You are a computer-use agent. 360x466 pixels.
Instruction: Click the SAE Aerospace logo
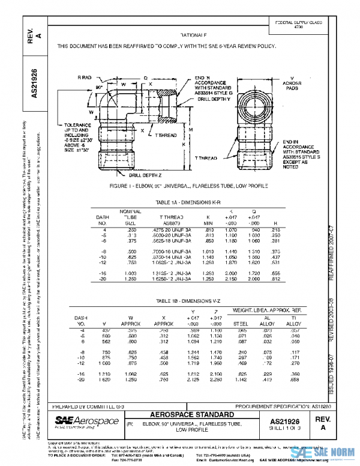[84, 422]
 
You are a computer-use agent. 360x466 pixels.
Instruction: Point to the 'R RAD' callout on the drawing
[85, 78]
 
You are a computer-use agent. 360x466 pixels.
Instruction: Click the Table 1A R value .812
[275, 279]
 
